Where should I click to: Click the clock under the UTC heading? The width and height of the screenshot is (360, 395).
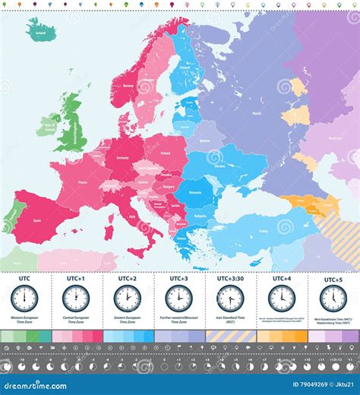(25, 298)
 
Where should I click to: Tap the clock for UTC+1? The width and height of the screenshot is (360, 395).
(76, 298)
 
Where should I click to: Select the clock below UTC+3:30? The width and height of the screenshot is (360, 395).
(229, 298)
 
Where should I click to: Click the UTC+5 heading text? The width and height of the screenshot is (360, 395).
(333, 279)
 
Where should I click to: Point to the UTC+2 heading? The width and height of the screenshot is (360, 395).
(127, 279)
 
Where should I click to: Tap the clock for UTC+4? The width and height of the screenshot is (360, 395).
(281, 298)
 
